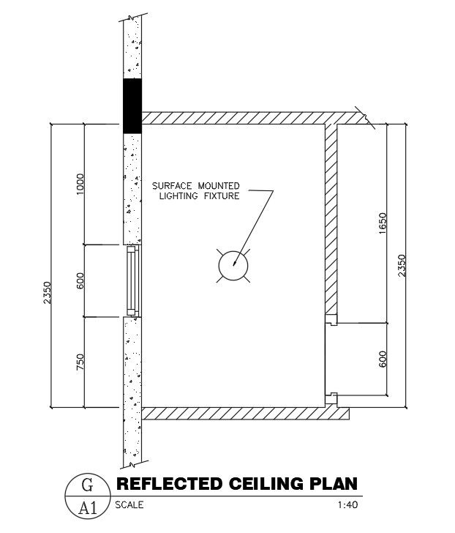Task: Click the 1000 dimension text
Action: pos(80,184)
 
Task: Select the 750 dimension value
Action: pos(80,362)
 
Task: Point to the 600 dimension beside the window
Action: pos(80,280)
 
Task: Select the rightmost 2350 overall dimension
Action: pos(402,265)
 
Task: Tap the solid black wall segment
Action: pos(132,105)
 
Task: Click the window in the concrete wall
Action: pos(132,281)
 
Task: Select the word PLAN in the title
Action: pos(334,483)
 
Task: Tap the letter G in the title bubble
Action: pos(86,484)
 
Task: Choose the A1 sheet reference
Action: pos(86,506)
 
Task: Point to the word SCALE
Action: pos(129,504)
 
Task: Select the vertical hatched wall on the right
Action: pos(331,220)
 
